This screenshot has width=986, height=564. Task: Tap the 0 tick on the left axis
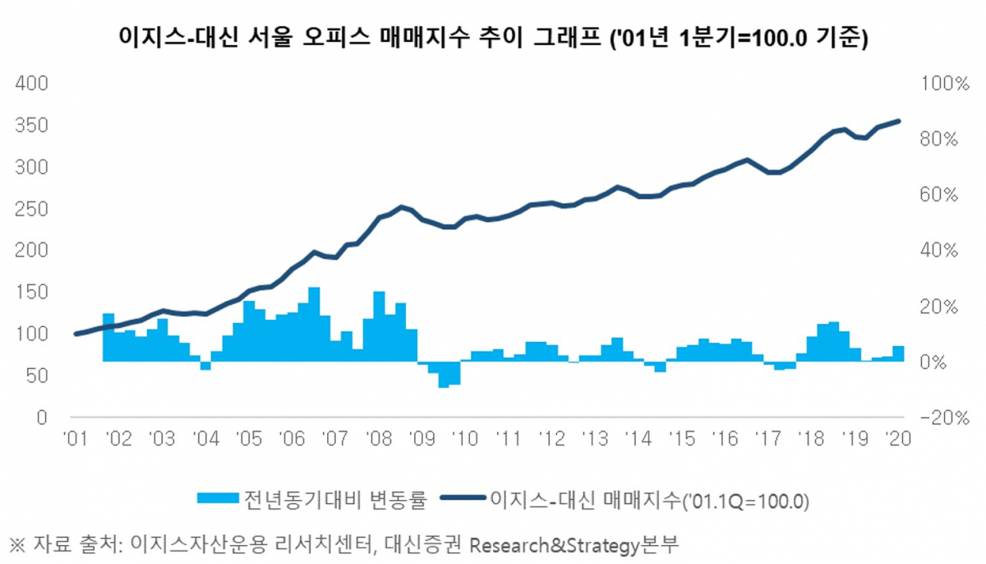(40, 418)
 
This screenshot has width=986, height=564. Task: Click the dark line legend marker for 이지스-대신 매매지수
(463, 498)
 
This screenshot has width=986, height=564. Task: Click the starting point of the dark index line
(76, 334)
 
